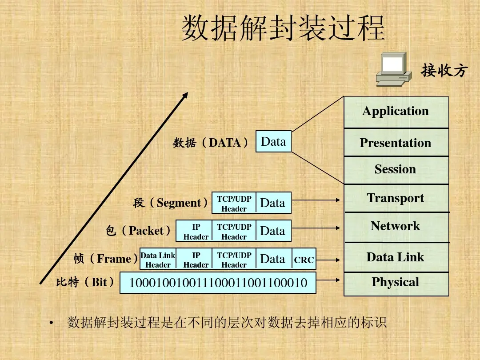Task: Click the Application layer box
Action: (396, 112)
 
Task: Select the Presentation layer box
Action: (396, 143)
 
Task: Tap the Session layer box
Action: (396, 170)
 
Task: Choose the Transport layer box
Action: (396, 198)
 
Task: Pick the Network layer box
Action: (396, 227)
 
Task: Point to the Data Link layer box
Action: (396, 257)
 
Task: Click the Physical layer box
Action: (396, 284)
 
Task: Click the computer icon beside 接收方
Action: (392, 69)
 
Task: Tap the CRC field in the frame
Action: (304, 260)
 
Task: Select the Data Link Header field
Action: (158, 260)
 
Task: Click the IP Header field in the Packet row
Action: (196, 231)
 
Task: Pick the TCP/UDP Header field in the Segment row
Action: (234, 203)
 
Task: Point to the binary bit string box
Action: (218, 283)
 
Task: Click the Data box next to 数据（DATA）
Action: (273, 141)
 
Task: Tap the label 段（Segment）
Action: (171, 203)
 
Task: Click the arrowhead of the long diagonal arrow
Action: (185, 95)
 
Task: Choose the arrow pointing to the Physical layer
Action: (329, 280)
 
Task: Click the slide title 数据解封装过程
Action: (283, 28)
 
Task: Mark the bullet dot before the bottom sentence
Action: (52, 323)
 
